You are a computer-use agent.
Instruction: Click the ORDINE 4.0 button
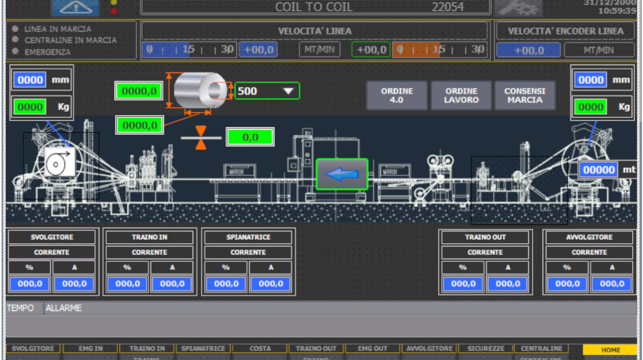397,95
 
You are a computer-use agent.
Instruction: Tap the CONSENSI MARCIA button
525,95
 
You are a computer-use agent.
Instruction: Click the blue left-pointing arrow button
342,174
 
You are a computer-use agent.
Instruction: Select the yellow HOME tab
610,350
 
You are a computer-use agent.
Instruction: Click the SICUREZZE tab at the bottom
485,349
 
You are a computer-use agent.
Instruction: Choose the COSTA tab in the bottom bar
260,349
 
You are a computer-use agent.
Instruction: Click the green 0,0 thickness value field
250,137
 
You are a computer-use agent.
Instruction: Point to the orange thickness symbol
201,138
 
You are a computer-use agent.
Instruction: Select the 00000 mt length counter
600,170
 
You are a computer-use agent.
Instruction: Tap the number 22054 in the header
448,7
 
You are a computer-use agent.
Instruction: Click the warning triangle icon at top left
75,7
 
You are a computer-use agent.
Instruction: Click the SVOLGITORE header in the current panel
52,237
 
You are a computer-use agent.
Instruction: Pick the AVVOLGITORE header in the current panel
589,237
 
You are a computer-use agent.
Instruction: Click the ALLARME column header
64,308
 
